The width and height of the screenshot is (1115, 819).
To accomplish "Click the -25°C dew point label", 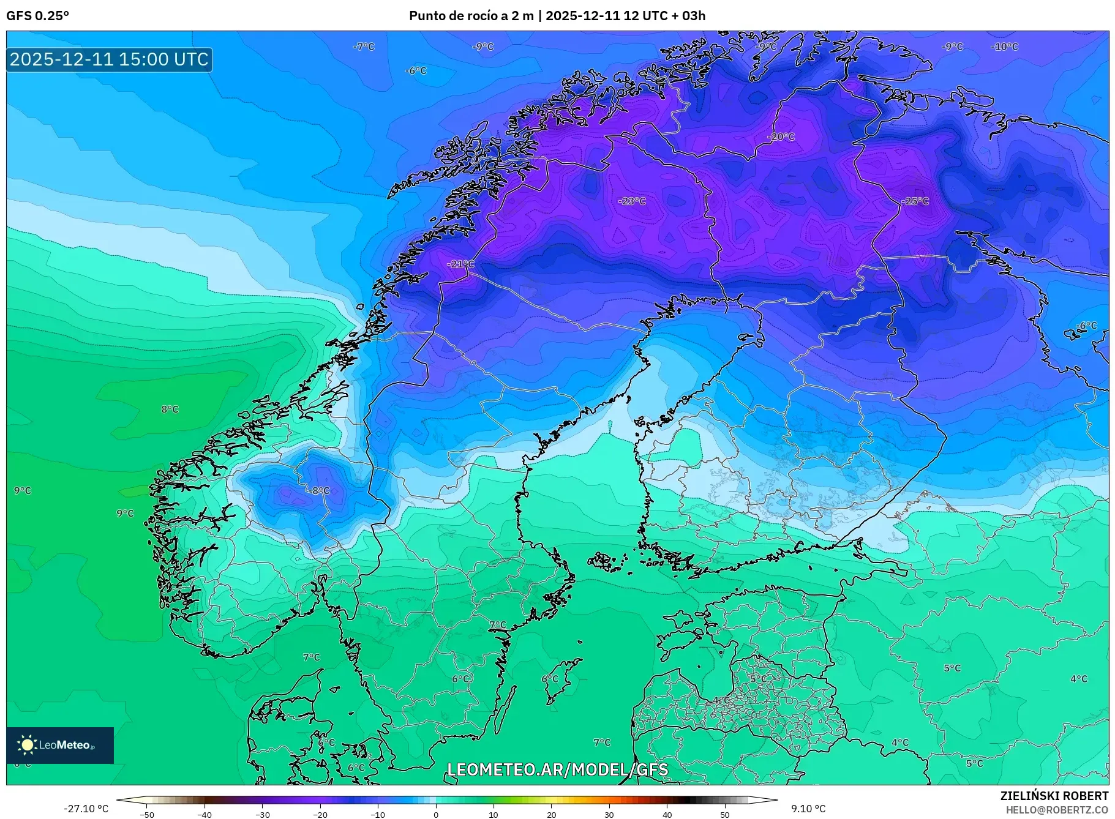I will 915,201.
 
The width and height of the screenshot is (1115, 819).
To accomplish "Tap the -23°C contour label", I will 632,201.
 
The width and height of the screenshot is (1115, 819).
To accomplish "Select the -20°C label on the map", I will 781,136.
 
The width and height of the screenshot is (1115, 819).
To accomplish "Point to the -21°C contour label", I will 461,264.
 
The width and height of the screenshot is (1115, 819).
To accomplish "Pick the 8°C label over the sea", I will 170,409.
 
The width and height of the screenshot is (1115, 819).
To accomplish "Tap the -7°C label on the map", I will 364,47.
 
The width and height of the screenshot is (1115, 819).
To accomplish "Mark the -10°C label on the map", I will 1004,47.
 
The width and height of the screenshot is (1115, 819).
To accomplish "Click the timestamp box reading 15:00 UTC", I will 110,59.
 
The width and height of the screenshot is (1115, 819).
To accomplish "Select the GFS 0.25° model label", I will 37,16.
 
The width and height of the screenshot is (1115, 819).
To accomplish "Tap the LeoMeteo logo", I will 60,745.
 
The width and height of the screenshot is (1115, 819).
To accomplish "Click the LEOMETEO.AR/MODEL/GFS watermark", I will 557,769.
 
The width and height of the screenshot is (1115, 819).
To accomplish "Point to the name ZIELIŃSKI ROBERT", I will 1054,796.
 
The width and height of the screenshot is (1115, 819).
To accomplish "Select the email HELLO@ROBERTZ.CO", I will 1057,810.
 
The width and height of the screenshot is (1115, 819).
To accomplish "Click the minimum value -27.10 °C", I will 86,809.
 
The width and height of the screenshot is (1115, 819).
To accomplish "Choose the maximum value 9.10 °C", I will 808,809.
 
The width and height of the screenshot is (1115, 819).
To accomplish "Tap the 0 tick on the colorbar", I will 436,814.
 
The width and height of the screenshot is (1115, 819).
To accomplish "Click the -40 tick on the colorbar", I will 205,814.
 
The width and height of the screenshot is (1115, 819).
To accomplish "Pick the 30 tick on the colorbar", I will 609,814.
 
